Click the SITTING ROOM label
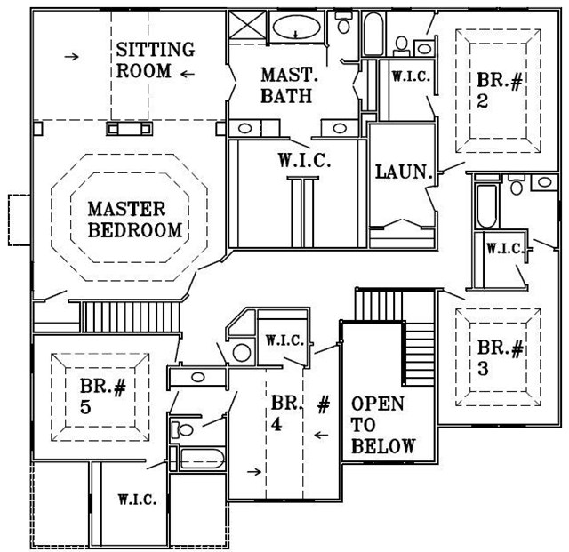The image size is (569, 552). pos(156,60)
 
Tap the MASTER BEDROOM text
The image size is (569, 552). pos(135,220)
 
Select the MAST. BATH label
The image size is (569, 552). pos(289,85)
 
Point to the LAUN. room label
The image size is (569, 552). pos(404,172)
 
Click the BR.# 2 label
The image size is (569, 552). pos(500,91)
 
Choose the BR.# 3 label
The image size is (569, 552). pos(500,357)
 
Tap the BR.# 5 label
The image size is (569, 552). pos(103,396)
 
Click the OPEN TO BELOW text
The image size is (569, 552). pos(383,425)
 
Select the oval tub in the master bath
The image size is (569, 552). pos(296,28)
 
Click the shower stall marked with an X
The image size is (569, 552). pos(248,24)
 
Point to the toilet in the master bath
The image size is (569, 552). pos(343,22)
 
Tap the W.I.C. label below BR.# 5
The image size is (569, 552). pos(137,500)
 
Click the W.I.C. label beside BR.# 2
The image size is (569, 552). pos(411,76)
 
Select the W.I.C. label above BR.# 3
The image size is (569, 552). pos(505,248)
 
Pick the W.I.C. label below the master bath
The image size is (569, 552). pos(304,160)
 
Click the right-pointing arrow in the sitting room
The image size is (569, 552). pos(72,56)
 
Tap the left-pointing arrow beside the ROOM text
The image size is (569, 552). pos(188,74)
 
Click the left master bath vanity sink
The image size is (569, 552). pos(245,128)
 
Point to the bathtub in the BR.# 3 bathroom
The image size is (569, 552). pos(486,206)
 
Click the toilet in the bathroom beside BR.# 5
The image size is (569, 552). pos(181,430)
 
